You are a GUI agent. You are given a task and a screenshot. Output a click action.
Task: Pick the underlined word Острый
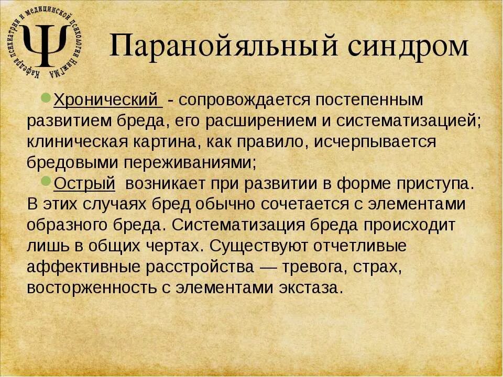(x=84, y=183)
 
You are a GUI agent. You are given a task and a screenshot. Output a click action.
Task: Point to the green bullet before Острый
(x=46, y=181)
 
